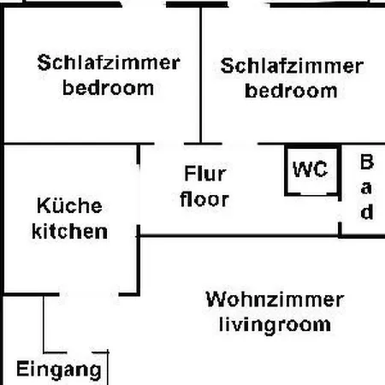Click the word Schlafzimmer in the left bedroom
coord(109,62)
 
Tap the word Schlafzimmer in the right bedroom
coord(292,66)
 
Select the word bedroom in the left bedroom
coord(108,87)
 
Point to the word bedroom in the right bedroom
coord(291,91)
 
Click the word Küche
coord(69,205)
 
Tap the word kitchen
coord(69,231)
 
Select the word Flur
coord(205,173)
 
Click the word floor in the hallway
coord(204,198)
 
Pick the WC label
coord(310,169)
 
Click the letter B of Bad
coord(367,162)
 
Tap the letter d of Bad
coord(367,211)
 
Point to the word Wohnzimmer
coord(275,299)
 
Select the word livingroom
coord(275,325)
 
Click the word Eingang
coord(59,370)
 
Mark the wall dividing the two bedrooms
coord(201,75)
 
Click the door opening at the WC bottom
coord(313,194)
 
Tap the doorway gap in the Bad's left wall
coord(340,211)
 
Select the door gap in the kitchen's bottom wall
coord(89,294)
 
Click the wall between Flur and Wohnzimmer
coord(239,236)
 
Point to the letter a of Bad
coord(366,188)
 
